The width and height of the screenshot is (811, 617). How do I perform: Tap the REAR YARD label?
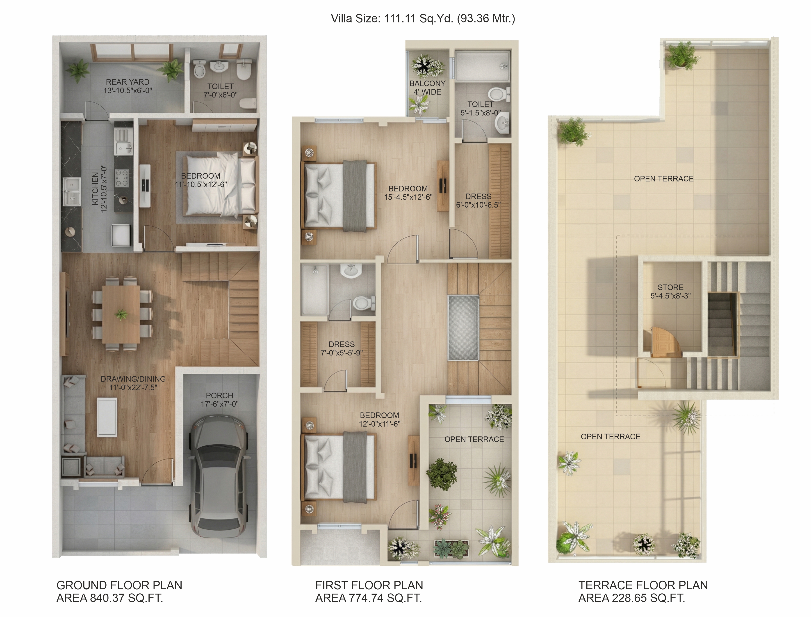point(128,82)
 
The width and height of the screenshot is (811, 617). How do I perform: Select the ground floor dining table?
point(121,314)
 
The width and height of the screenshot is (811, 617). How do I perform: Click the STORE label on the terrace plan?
point(671,287)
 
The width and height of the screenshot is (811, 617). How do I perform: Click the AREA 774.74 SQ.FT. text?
point(369,598)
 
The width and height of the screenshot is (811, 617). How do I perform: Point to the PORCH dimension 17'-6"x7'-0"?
point(219,404)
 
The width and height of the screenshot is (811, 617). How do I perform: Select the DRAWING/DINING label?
point(133,379)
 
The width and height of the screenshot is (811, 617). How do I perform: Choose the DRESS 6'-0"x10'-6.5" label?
point(478,201)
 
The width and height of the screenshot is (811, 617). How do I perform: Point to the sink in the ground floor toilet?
point(220,66)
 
